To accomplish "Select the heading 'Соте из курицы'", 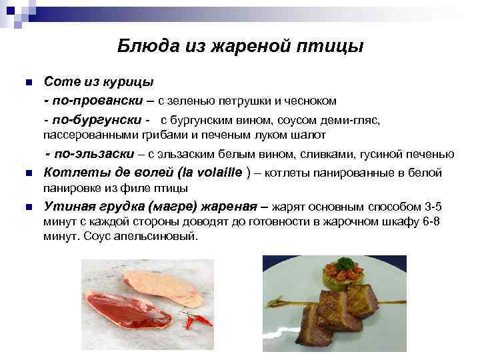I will point(99,81).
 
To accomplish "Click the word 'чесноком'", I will point(313,101).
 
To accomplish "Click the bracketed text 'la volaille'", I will point(210,173).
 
